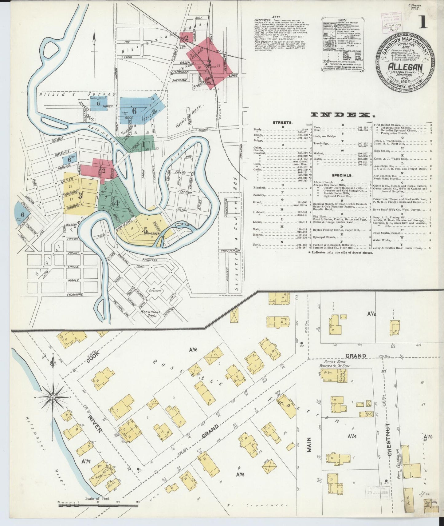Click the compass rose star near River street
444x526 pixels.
point(53,397)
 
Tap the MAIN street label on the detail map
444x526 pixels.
point(309,445)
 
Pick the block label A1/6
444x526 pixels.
point(193,349)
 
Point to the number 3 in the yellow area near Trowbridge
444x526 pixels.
point(80,195)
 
